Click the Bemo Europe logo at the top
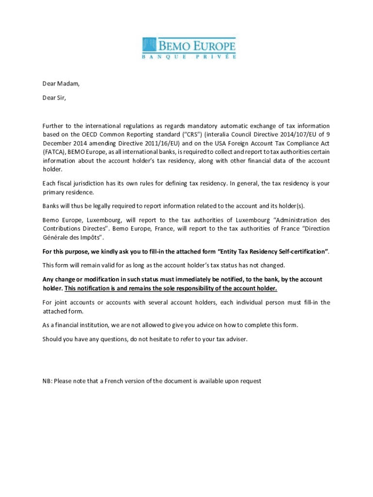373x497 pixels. [189, 49]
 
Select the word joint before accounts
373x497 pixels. [62, 302]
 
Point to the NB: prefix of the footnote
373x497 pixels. [47, 381]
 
